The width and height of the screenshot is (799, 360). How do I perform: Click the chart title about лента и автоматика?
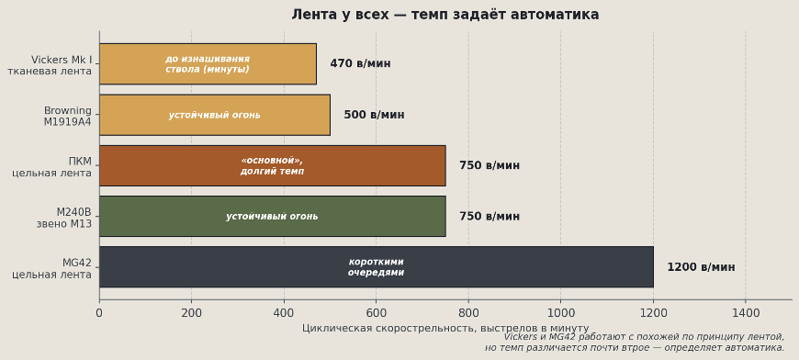[445, 15]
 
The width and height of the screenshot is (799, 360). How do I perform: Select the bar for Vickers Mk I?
[208, 63]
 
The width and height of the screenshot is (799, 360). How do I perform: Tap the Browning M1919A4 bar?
[214, 115]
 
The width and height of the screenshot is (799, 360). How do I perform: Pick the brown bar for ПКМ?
[272, 165]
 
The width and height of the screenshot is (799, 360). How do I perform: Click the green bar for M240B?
[272, 216]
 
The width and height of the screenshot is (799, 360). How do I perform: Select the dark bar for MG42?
[376, 266]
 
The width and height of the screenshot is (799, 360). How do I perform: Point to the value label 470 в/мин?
[360, 63]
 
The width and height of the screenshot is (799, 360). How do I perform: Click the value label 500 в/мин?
[374, 115]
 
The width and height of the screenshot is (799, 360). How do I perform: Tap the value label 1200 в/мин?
[701, 267]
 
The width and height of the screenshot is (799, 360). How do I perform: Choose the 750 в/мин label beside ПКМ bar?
[490, 165]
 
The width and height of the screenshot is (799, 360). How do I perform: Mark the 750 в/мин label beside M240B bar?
[490, 217]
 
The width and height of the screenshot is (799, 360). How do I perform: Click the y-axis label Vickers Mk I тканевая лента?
[51, 65]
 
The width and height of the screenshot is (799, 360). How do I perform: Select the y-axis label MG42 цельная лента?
[52, 268]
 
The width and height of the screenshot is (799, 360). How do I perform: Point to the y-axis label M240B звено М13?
[63, 218]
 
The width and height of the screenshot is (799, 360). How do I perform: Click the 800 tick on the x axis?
[468, 312]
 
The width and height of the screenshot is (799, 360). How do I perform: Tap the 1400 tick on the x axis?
[745, 312]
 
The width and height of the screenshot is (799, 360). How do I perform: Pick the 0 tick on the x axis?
[99, 312]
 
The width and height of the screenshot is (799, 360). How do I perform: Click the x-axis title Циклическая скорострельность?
[445, 328]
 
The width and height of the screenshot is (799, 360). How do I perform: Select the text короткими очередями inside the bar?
[376, 266]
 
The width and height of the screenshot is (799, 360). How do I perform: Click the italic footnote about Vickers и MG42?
[635, 343]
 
